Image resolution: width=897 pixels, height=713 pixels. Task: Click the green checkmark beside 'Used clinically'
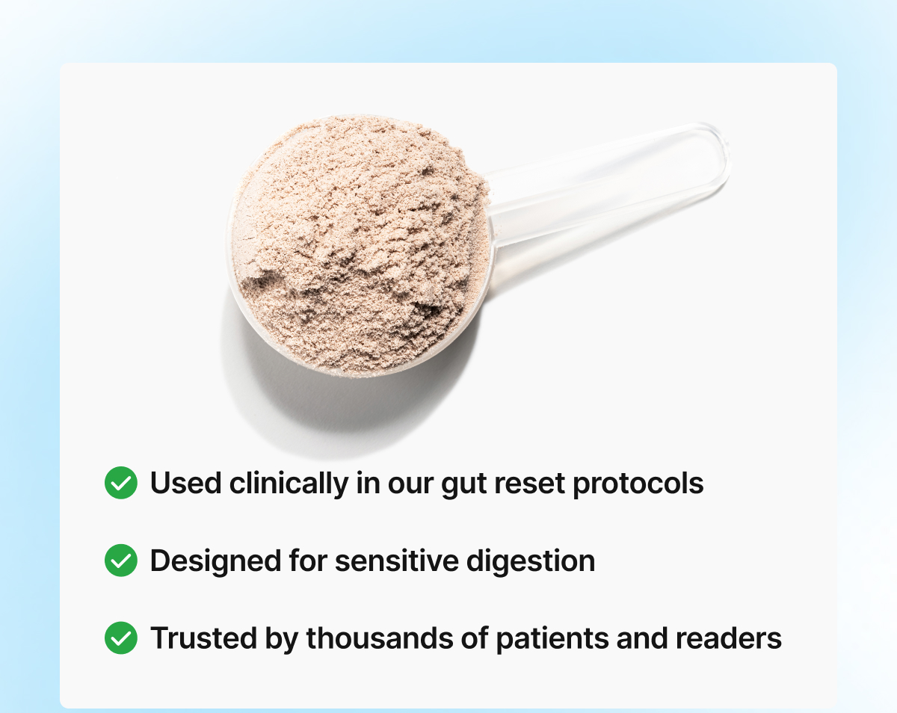pos(121,483)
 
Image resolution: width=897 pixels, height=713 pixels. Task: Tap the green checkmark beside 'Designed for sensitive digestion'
pos(121,561)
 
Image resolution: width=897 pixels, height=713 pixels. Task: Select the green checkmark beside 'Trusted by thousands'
pos(121,638)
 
